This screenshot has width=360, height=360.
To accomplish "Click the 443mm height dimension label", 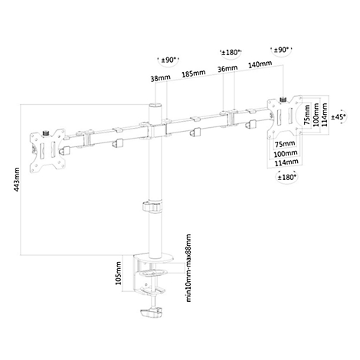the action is [x=17, y=179].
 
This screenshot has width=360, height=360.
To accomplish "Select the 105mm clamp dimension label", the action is [x=118, y=273].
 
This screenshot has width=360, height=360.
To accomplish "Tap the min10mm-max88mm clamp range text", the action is [x=188, y=268].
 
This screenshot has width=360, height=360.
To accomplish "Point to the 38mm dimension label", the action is [x=160, y=77].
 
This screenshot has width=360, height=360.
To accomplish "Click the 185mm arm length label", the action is [x=194, y=74].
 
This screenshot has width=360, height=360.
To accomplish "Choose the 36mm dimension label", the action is [x=227, y=68].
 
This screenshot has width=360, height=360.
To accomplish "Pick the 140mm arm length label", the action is [x=260, y=64].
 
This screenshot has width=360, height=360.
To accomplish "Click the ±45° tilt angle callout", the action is [x=339, y=117].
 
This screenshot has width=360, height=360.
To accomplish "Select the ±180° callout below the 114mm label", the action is [x=287, y=177].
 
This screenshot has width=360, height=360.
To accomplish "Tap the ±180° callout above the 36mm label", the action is [x=231, y=53].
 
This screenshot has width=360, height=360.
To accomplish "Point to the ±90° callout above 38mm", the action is [x=168, y=61].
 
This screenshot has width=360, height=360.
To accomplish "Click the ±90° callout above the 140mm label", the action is [x=281, y=50].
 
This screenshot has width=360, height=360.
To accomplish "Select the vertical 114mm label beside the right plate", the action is [x=324, y=115].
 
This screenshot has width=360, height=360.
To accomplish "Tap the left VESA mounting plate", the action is [x=47, y=150].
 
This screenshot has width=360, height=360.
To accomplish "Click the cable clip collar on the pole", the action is [x=152, y=207].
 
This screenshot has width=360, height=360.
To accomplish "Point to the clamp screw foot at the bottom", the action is [x=151, y=313].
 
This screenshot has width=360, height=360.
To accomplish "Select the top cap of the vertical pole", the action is [x=155, y=106].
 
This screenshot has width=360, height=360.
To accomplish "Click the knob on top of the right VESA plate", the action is [x=283, y=99].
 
